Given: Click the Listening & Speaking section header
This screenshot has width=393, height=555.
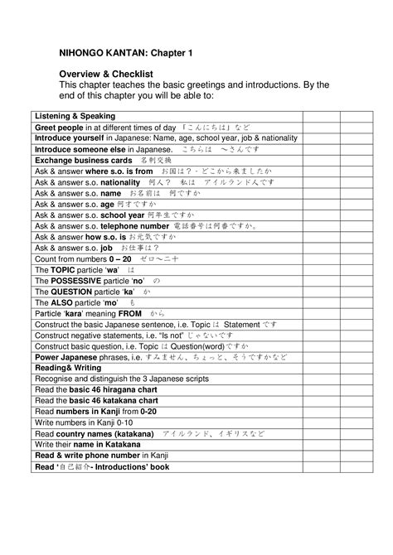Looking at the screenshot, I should click(x=75, y=116).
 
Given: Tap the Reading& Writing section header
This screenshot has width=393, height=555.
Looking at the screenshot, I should click(x=68, y=367).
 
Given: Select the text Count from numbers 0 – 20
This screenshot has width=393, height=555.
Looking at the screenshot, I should click(x=83, y=258).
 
